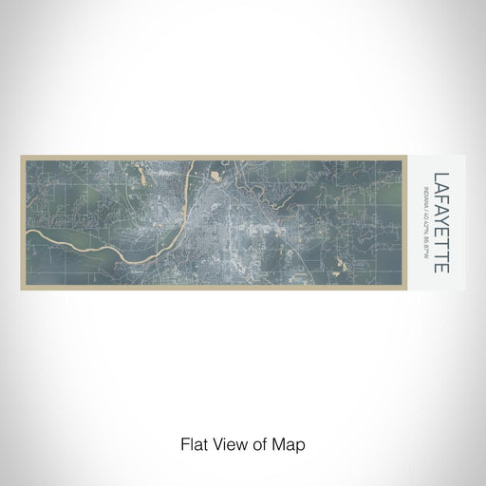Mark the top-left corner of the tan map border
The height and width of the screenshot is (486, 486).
point(22,158)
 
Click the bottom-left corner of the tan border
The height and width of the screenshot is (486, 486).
point(22,290)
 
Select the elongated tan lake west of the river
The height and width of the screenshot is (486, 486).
point(141,174)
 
